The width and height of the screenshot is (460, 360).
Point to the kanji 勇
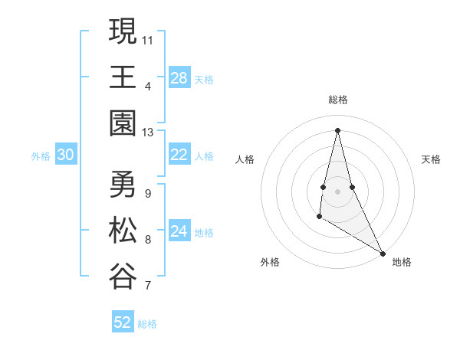click(123, 184)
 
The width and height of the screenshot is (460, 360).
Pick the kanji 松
click(123, 230)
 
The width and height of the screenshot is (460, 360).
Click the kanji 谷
click(123, 276)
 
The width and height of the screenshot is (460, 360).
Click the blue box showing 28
click(179, 78)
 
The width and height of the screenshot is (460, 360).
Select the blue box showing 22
click(179, 155)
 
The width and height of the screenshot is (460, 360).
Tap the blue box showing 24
click(179, 231)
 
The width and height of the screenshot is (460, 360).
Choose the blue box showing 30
click(65, 155)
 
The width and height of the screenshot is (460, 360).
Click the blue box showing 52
click(123, 322)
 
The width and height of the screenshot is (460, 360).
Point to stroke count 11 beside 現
click(148, 39)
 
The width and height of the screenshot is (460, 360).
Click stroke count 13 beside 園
click(148, 132)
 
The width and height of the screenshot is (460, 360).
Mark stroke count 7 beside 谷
click(148, 286)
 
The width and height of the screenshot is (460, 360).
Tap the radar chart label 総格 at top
click(338, 100)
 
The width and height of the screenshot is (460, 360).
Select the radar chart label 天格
click(431, 159)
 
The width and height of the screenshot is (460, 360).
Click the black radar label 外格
click(270, 262)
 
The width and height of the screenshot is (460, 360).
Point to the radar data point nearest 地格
click(383, 253)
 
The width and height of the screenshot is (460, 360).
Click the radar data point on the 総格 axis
click(338, 129)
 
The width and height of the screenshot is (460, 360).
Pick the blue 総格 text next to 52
click(147, 324)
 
